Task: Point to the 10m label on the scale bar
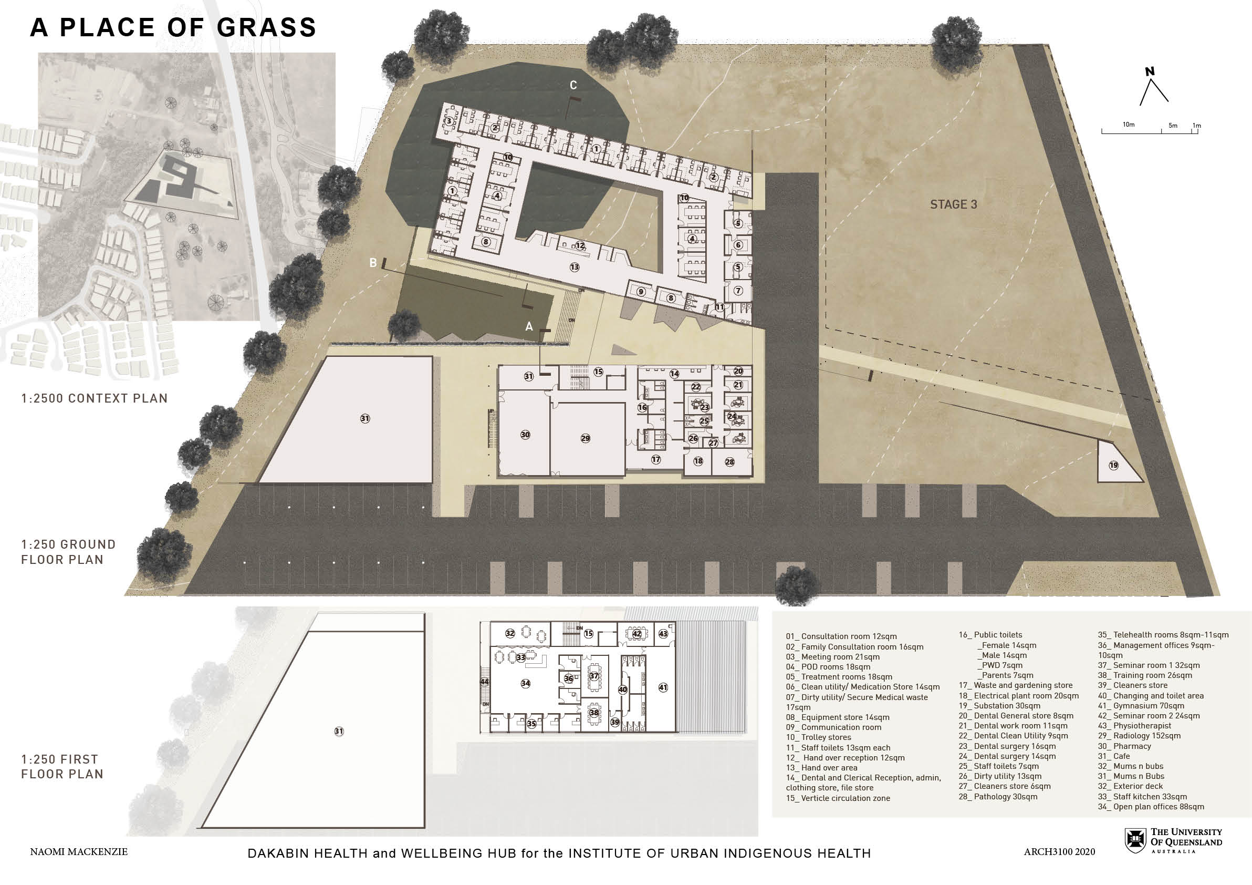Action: pos(1129,125)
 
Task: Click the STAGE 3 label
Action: pos(953,204)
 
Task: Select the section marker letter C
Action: pos(573,85)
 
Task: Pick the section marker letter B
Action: pos(373,263)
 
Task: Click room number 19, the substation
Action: pos(1113,466)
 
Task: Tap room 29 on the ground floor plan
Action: pos(585,438)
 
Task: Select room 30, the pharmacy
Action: pos(525,435)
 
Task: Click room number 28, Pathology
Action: pos(729,462)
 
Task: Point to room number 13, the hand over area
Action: pos(574,267)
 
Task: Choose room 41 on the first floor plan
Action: pos(663,687)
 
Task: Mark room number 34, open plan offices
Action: pos(525,683)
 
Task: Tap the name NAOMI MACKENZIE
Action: pos(79,852)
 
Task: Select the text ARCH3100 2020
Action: pos(1059,852)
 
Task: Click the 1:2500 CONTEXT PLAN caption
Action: pos(95,398)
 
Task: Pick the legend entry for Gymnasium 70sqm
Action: pos(1141,705)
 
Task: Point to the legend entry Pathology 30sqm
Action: pos(998,797)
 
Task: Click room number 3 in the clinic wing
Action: pos(449,120)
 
